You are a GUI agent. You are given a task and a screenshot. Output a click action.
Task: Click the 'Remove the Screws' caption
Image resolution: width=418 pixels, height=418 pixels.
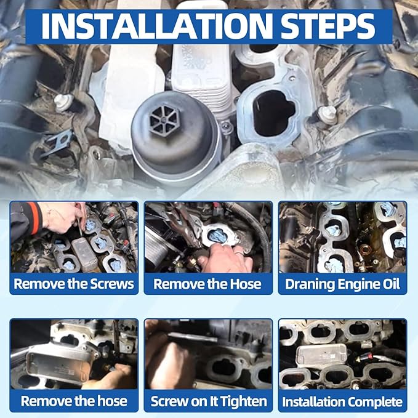(x=74, y=284)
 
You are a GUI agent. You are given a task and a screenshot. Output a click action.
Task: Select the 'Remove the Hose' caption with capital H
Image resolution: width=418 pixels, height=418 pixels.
(x=207, y=284)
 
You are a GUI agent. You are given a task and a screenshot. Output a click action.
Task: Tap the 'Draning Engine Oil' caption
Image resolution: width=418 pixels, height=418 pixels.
(x=342, y=284)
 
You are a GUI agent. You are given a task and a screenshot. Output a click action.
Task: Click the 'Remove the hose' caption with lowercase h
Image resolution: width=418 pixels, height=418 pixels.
(x=74, y=402)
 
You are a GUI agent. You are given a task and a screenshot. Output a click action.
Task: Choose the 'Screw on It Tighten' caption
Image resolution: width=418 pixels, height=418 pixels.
(x=209, y=402)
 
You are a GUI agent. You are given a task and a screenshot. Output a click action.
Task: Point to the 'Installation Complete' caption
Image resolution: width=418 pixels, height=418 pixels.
(x=342, y=402)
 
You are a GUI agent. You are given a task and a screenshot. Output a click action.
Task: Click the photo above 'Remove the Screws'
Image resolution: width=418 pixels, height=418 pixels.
(x=74, y=237)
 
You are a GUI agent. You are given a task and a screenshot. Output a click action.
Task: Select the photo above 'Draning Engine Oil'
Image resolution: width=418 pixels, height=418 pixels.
(x=342, y=237)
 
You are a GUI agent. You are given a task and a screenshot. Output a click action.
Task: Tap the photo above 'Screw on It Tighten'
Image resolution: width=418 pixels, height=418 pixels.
(x=209, y=354)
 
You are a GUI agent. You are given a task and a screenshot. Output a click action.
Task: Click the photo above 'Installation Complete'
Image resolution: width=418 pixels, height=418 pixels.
(x=342, y=354)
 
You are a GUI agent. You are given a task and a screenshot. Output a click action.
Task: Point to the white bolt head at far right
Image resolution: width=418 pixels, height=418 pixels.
(x=329, y=114)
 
